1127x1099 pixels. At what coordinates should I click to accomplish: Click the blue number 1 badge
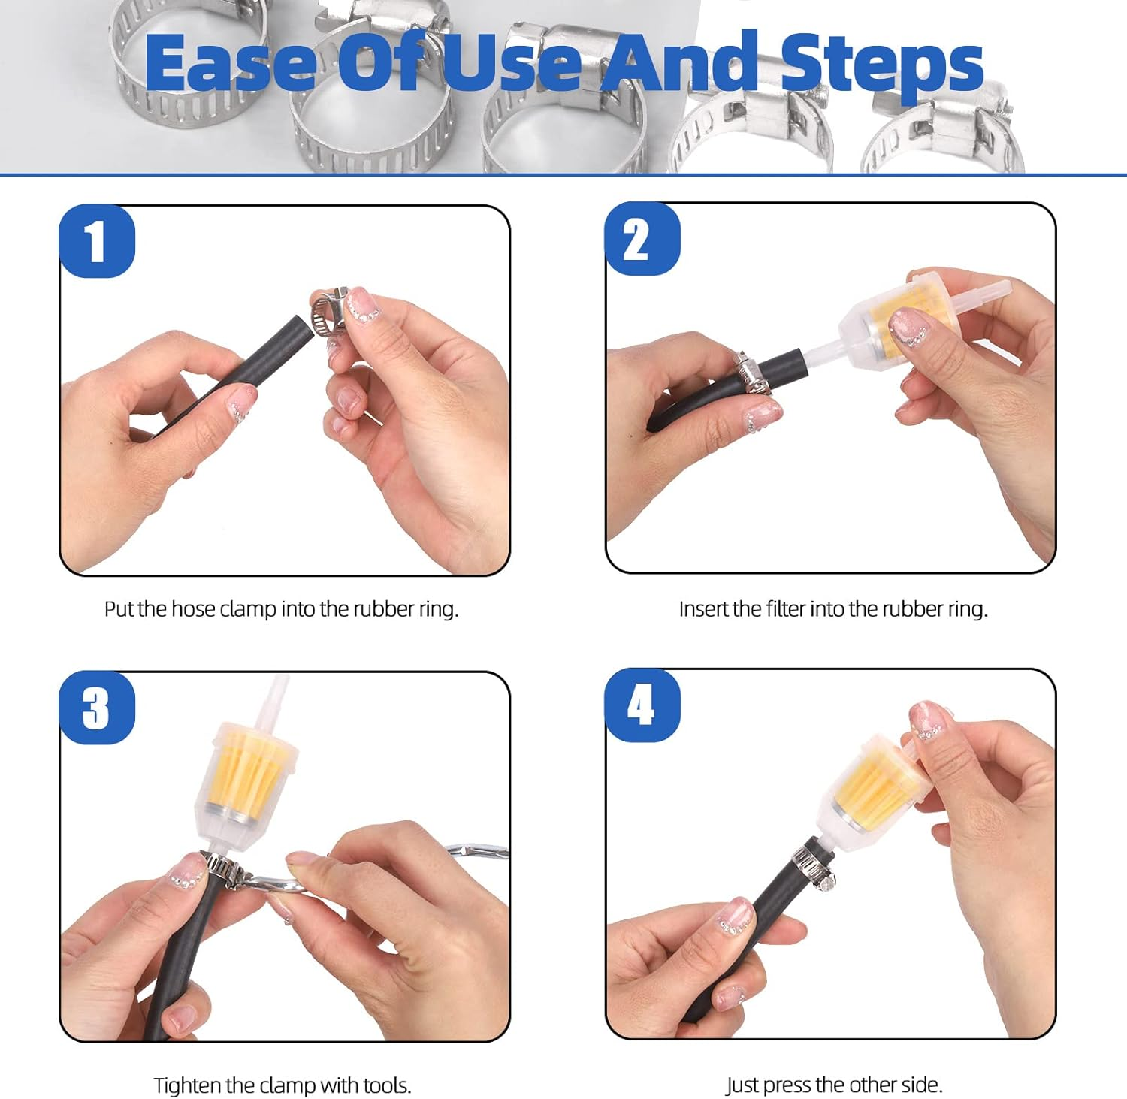coord(97,241)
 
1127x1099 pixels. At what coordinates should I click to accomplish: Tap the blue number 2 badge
coord(642,239)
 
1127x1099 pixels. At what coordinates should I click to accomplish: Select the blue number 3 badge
coord(97,708)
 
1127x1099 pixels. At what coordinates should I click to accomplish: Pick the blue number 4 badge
coord(642,705)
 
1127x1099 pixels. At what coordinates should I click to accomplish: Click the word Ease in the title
coord(230,63)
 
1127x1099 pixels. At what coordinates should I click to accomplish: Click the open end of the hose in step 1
coord(301,331)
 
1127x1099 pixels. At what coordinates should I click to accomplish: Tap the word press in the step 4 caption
coord(787,1085)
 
